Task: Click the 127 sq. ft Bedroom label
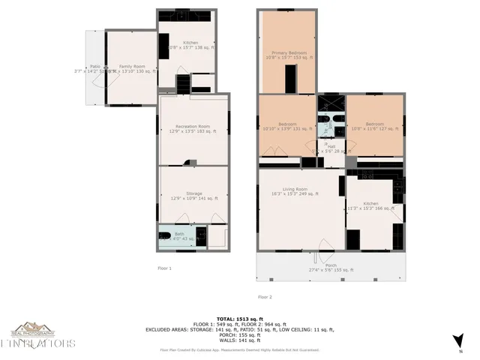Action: pyautogui.click(x=374, y=126)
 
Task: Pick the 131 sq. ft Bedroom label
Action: pyautogui.click(x=288, y=126)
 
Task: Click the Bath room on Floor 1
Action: pyautogui.click(x=178, y=236)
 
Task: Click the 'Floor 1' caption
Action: pyautogui.click(x=164, y=268)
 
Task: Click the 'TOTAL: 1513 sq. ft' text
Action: pyautogui.click(x=239, y=318)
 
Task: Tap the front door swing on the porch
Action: pyautogui.click(x=323, y=247)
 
